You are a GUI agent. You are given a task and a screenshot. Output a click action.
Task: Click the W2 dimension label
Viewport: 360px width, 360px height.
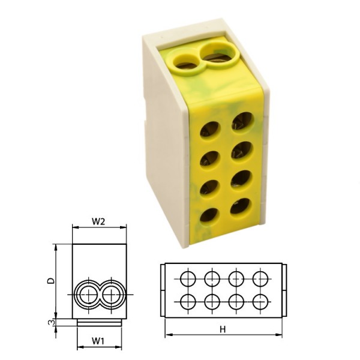(x=99, y=221)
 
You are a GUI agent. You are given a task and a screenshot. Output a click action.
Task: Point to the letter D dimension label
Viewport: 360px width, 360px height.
(x=52, y=280)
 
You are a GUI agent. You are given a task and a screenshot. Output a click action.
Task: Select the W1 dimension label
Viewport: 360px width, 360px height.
(x=99, y=341)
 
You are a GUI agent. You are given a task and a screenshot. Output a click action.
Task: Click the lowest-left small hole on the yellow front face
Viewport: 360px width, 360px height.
(x=210, y=215)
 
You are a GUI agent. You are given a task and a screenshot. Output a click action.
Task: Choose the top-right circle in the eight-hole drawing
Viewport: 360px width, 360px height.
(x=260, y=278)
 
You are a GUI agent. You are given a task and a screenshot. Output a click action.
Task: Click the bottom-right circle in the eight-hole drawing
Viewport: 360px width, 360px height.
(x=260, y=301)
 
